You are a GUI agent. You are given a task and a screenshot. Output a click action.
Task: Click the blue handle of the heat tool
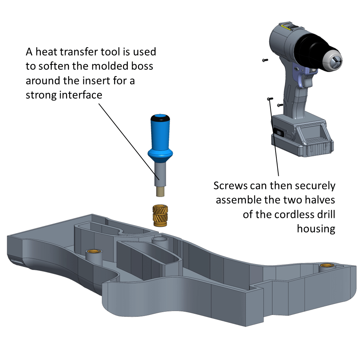[x=160, y=133]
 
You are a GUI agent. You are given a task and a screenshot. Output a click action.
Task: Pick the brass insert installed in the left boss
[x=91, y=251]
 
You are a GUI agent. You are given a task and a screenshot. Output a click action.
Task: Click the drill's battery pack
[x=300, y=135]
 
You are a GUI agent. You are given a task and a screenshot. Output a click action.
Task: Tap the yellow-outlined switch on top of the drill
[x=288, y=27]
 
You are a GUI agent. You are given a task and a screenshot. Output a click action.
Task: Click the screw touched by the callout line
[x=268, y=98]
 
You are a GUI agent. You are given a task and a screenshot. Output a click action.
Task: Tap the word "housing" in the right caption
[x=316, y=229]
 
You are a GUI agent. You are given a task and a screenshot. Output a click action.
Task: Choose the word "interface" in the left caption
[x=81, y=95]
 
